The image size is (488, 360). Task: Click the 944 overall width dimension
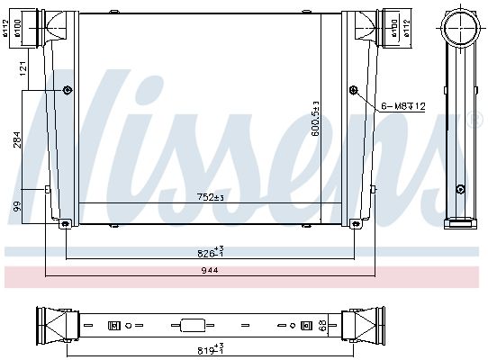tap(210, 270)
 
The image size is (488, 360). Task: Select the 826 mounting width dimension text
tap(211, 252)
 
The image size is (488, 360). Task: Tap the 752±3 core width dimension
tap(211, 197)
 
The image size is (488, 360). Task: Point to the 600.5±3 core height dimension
tap(315, 119)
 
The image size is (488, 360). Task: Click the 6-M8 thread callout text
tap(403, 106)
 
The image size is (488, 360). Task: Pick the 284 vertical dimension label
tap(17, 140)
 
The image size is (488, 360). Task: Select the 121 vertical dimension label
tap(23, 69)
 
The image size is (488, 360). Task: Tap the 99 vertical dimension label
tap(17, 206)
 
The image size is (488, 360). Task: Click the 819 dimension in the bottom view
tap(211, 348)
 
